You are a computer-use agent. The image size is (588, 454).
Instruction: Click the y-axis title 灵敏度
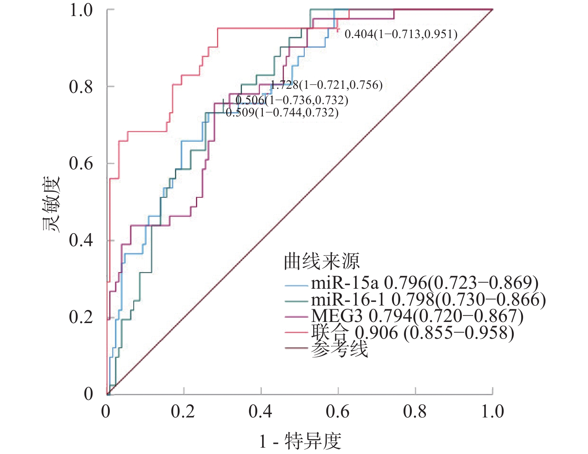pos(51,204)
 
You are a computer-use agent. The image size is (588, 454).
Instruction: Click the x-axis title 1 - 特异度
pos(301,442)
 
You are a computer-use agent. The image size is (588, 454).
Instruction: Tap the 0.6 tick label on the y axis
pos(81,163)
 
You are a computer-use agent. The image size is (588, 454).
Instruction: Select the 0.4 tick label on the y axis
pos(81,240)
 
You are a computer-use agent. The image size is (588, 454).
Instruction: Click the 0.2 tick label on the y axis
pos(81,317)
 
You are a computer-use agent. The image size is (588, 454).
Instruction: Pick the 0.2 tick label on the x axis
pos(183,411)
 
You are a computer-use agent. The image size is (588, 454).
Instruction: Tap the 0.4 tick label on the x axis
pos(260,411)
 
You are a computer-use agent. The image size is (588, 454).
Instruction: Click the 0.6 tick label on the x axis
pos(337,411)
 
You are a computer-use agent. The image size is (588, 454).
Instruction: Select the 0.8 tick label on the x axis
pos(415,411)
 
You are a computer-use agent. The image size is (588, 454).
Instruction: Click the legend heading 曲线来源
pos(322,261)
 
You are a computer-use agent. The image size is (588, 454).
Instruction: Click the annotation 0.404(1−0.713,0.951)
pos(401,34)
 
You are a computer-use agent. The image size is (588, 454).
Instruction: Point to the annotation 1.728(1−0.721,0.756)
pos(327,85)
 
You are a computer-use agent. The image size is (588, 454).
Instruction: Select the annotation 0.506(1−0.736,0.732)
pos(292,100)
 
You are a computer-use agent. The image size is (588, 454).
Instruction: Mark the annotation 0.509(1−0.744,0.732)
pos(282,113)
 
